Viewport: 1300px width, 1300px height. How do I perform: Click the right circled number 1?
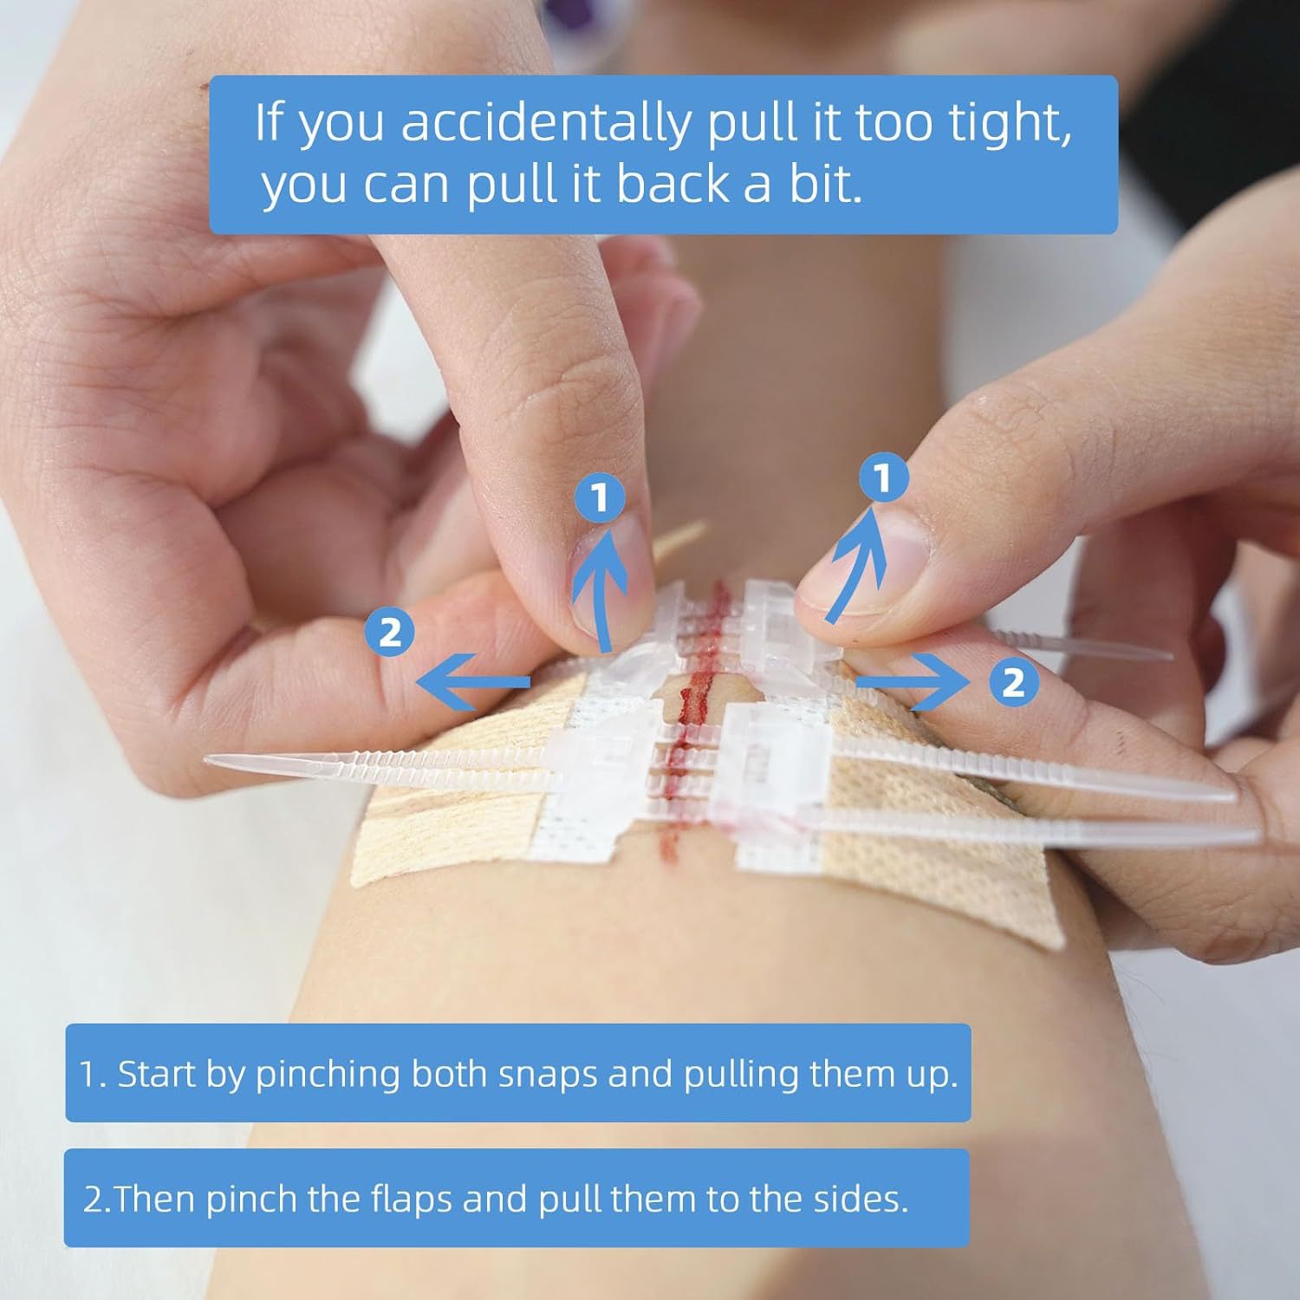pyautogui.click(x=883, y=478)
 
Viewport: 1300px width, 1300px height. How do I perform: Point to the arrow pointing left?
pyautogui.click(x=472, y=682)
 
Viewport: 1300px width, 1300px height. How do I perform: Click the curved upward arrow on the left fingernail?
pyautogui.click(x=601, y=589)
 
